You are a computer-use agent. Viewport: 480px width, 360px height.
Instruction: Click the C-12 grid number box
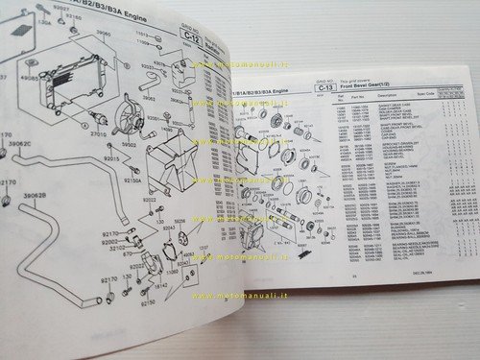click(189, 41)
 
